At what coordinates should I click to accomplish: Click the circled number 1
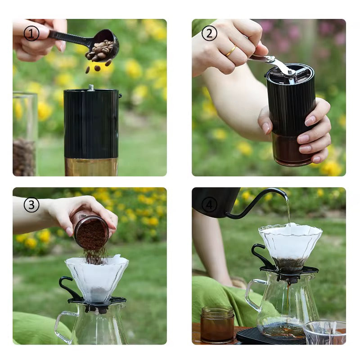point(31,33)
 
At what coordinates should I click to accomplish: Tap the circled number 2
point(209,33)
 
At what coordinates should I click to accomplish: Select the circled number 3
point(31,205)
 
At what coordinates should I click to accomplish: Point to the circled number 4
point(209,205)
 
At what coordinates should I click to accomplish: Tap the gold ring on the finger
point(231,51)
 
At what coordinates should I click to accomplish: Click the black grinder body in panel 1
point(92,124)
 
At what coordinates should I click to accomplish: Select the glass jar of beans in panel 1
point(25,135)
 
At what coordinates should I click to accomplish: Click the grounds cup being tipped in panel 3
point(91,232)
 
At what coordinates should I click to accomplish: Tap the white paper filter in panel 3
point(97,277)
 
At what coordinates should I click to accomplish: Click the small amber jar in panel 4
point(217,324)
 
